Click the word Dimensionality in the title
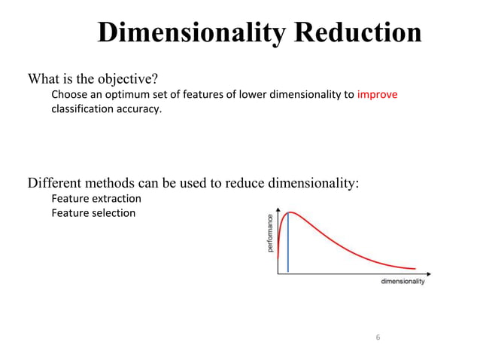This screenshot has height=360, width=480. point(193,33)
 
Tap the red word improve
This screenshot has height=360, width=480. point(377,95)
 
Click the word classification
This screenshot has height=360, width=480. point(81,109)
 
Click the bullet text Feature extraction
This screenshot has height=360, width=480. point(96,199)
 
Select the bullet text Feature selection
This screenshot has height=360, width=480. point(93,213)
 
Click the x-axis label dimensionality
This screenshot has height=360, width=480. point(403,282)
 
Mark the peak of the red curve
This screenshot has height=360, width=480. point(289,212)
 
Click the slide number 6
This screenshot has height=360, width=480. point(378,337)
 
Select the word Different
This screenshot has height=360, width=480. point(53,183)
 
